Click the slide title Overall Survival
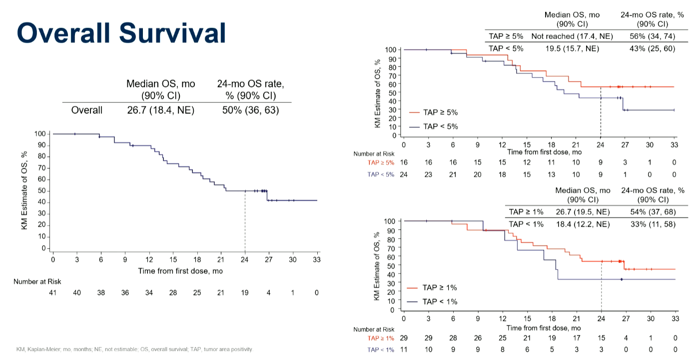[x=121, y=33]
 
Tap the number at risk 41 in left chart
[x=52, y=293]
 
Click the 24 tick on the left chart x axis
[x=245, y=260]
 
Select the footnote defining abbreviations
[x=134, y=349]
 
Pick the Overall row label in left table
[x=87, y=110]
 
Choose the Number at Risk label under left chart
[x=37, y=282]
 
